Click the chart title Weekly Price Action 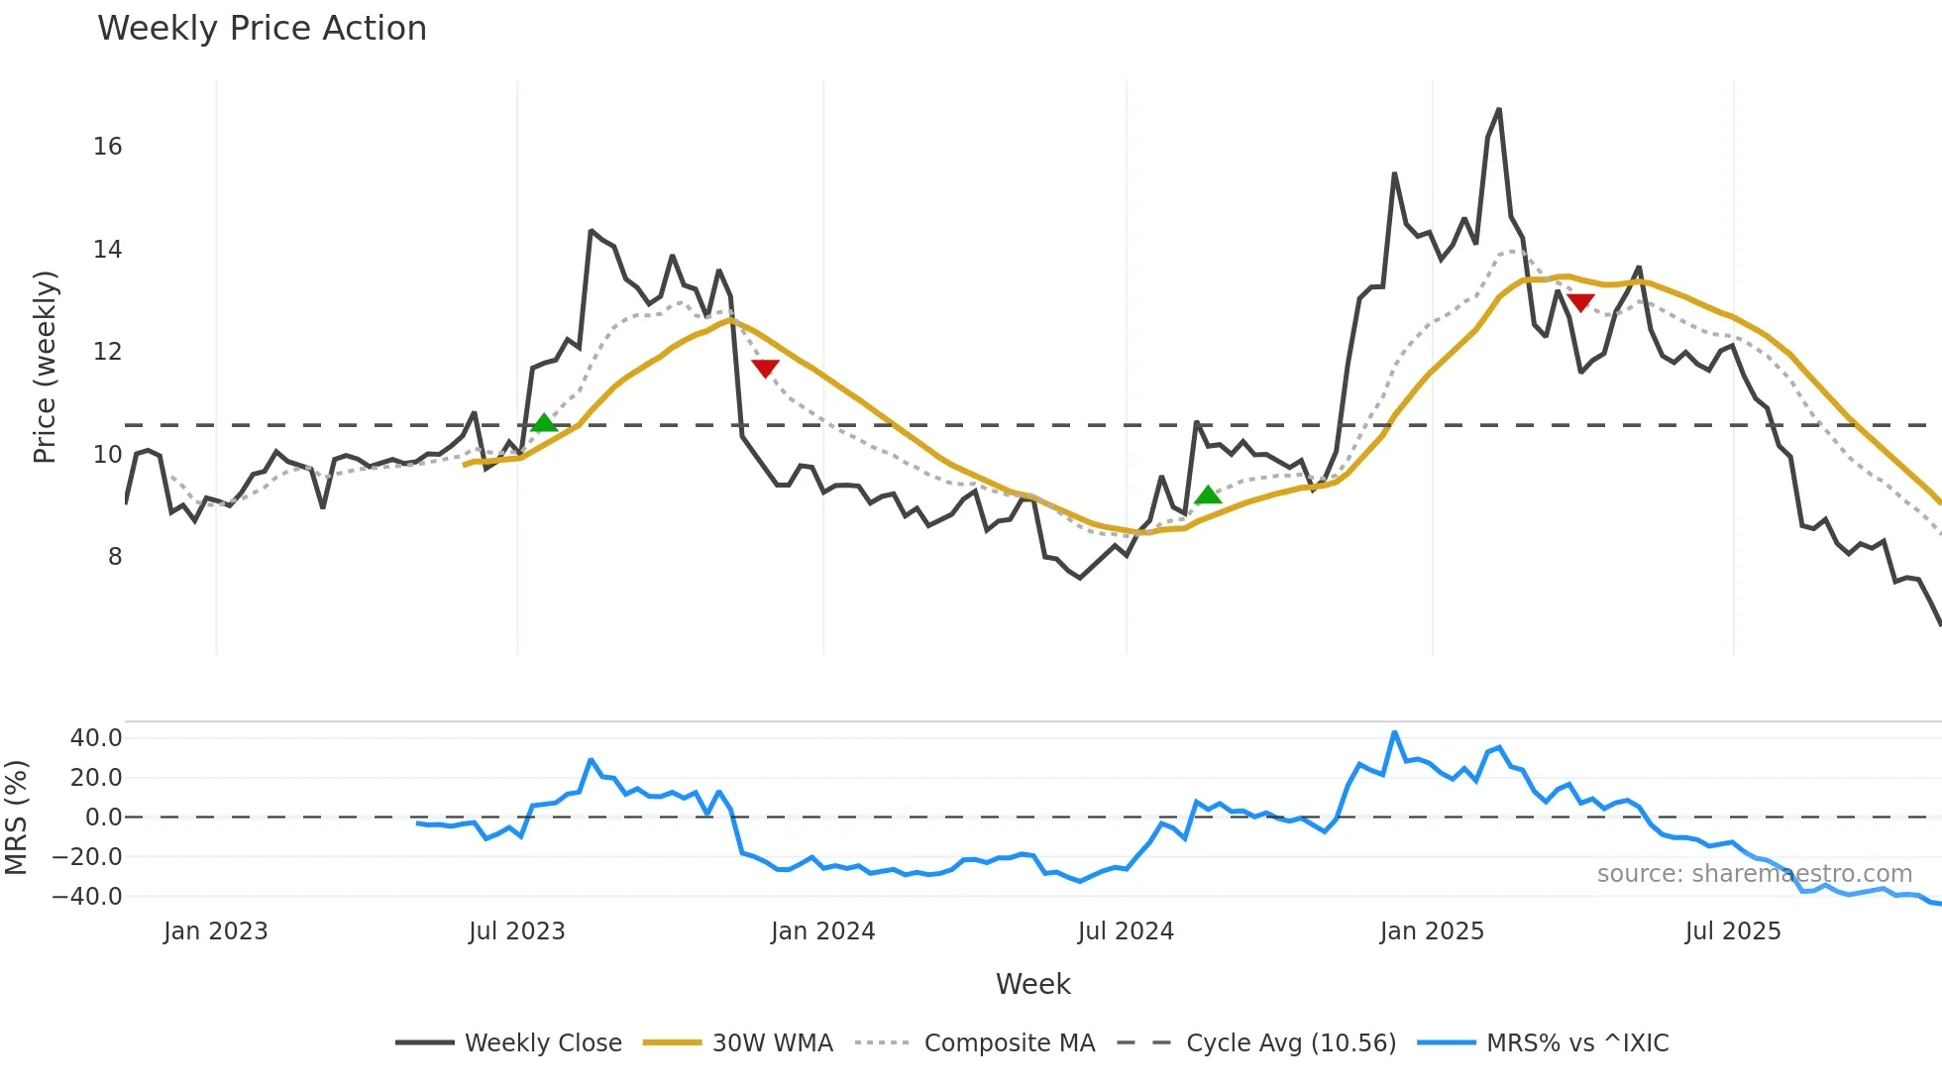coord(262,29)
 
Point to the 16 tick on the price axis coord(108,147)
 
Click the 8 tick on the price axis coord(115,557)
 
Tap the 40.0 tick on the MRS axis coord(96,738)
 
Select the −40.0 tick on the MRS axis coord(87,897)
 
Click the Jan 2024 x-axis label coord(822,931)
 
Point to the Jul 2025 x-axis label coord(1733,931)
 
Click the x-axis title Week coord(1032,984)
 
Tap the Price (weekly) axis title coord(45,367)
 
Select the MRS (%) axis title coord(16,818)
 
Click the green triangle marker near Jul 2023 coord(544,423)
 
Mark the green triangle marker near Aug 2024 coord(1208,494)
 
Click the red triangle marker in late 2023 coord(765,369)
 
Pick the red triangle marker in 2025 coord(1580,302)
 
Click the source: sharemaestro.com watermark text coord(1754,874)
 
